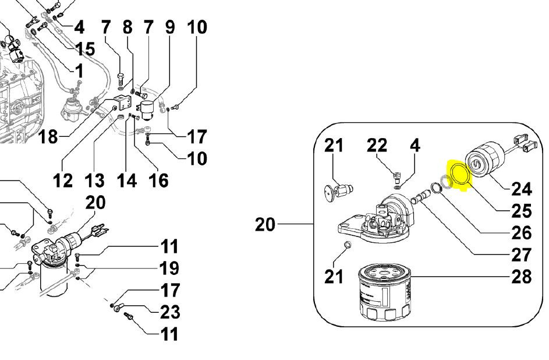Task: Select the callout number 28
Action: click(521, 276)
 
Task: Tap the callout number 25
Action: click(521, 210)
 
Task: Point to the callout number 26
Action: click(521, 232)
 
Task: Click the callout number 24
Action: click(521, 188)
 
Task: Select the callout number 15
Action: click(84, 48)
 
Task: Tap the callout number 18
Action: click(49, 137)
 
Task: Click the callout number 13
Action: click(95, 181)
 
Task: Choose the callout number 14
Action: click(126, 181)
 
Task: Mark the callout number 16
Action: click(158, 181)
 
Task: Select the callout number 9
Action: click(169, 27)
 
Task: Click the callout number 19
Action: click(169, 269)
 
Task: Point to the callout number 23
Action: click(169, 312)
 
